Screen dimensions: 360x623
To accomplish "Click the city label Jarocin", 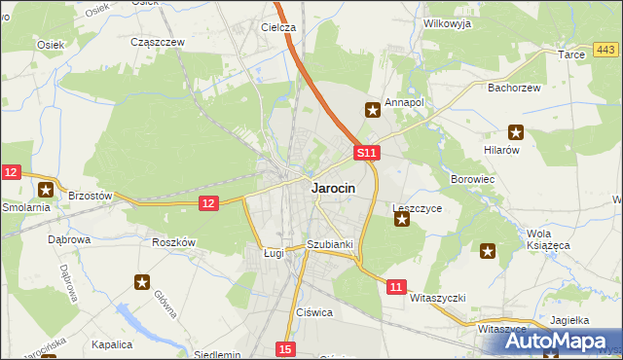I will pos(332,189).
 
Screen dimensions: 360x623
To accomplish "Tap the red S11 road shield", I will pos(365,154).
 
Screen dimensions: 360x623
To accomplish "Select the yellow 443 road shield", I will pos(605,50).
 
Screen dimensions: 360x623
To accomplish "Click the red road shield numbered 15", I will pos(284,348).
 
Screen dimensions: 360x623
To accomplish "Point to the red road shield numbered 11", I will pos(395,287).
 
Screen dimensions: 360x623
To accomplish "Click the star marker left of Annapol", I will pos(372,111).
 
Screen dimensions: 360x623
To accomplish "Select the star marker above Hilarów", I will pos(515,133).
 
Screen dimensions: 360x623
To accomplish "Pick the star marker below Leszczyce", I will pos(401,220).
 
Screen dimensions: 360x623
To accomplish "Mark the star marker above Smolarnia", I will pos(45,190).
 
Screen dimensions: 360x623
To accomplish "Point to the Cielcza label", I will pos(278,28).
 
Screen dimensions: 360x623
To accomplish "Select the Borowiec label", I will pos(474,180).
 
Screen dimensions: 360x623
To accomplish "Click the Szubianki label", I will pos(328,244).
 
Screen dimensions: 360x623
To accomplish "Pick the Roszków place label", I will pos(174,242).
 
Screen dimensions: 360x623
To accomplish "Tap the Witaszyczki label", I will pos(439,297).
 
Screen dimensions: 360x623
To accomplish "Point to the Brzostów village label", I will pos(91,196).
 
